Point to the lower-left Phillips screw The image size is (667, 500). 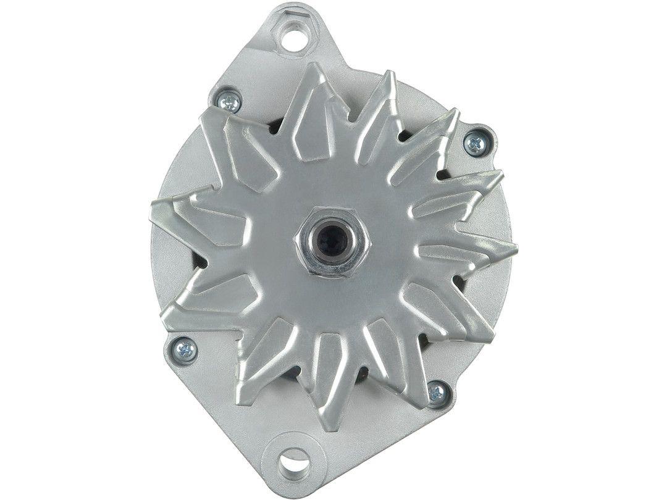pyautogui.click(x=185, y=350)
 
